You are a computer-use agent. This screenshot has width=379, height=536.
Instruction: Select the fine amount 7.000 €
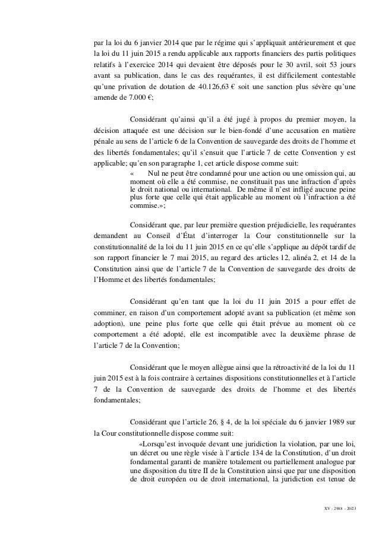133,100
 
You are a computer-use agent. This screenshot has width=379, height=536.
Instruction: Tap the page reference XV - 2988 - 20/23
341,510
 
